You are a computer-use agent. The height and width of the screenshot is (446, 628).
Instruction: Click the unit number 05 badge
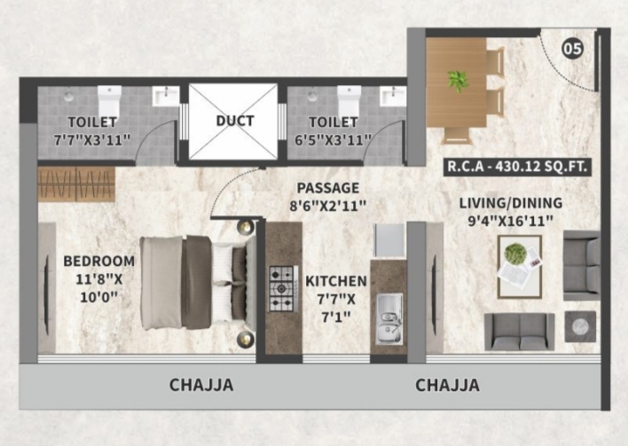tap(572, 49)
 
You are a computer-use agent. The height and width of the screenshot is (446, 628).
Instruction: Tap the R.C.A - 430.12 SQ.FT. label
tap(517, 166)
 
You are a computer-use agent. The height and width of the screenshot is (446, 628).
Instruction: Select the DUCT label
tap(235, 121)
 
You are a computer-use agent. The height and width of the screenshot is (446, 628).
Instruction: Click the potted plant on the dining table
tap(458, 81)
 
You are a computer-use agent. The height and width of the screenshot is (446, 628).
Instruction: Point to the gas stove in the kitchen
tap(282, 288)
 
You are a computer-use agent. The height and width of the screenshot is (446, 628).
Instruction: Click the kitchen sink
tap(389, 319)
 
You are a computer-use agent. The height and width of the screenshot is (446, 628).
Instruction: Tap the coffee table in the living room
tap(520, 267)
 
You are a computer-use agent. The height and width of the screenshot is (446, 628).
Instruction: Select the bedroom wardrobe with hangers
tap(76, 184)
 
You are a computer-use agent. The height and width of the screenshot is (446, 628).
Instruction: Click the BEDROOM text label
tap(99, 261)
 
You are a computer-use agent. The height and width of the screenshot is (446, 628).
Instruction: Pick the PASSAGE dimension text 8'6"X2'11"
tap(328, 207)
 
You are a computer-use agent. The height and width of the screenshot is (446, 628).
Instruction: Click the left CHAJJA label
tap(201, 385)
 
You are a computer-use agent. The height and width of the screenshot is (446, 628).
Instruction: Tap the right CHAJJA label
tap(447, 385)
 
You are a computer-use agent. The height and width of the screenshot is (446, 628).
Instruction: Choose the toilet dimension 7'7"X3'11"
tap(92, 140)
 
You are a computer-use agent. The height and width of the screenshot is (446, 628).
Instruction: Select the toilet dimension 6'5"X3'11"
tap(334, 140)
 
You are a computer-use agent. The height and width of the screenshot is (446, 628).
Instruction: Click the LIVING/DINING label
tap(511, 203)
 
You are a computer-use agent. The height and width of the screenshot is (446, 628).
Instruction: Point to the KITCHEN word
tap(336, 281)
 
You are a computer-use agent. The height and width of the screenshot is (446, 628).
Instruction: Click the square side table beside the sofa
tap(580, 326)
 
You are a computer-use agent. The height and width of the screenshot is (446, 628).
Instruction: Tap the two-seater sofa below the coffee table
tap(520, 332)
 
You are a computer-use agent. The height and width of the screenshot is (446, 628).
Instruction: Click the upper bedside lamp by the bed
tap(245, 227)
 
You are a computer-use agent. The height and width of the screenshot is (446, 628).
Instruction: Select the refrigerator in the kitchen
tap(389, 240)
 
